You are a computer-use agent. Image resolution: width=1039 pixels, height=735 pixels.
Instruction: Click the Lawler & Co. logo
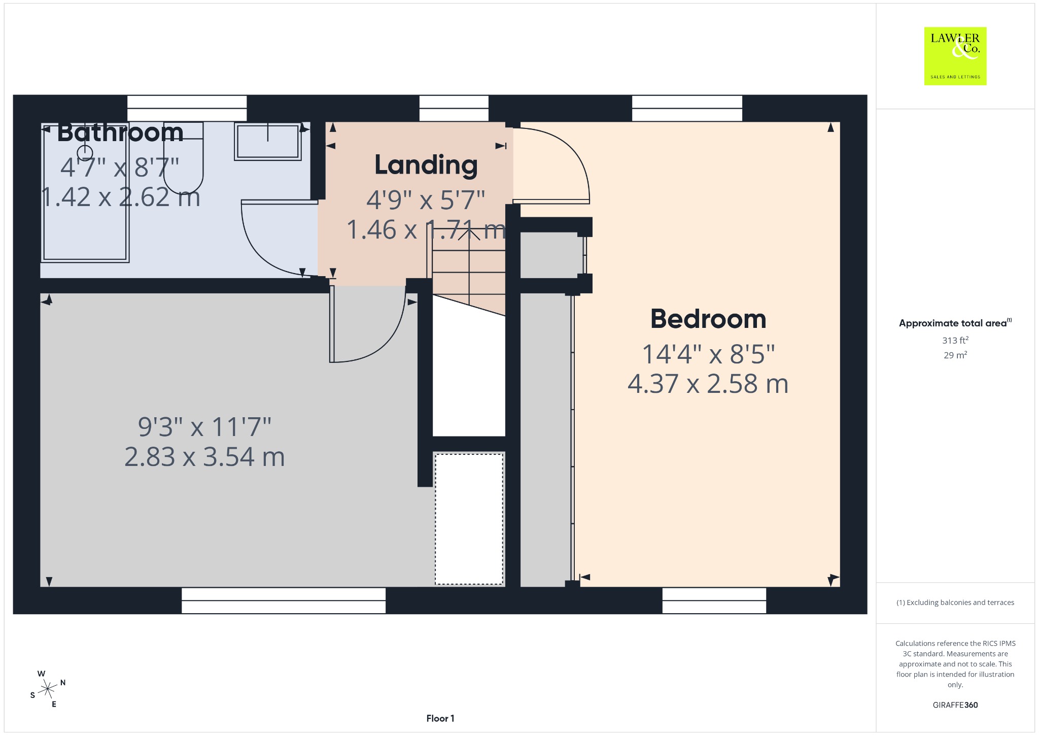pyautogui.click(x=955, y=56)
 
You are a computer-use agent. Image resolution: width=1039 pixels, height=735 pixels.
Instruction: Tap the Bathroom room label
pyautogui.click(x=120, y=132)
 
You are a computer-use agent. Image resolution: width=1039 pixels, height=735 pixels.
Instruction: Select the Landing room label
pyautogui.click(x=426, y=165)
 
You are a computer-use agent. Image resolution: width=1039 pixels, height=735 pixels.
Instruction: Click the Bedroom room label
pyautogui.click(x=708, y=319)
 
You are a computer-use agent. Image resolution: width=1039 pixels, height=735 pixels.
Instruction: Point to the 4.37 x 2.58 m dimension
pyautogui.click(x=708, y=384)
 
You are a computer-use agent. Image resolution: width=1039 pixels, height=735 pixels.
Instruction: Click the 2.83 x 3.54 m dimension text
pyautogui.click(x=204, y=457)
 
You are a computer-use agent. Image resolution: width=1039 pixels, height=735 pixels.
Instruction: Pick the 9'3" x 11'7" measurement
pyautogui.click(x=204, y=427)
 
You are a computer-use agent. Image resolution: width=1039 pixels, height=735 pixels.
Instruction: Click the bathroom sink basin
pyautogui.click(x=268, y=141)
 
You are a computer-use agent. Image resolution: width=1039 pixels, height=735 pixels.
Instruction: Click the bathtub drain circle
pyautogui.click(x=85, y=152)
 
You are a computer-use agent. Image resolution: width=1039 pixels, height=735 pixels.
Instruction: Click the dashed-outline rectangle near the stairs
pyautogui.click(x=469, y=519)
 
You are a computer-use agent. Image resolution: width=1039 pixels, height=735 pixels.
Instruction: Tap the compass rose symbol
pyautogui.click(x=48, y=689)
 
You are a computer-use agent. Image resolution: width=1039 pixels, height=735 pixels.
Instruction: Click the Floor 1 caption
pyautogui.click(x=440, y=718)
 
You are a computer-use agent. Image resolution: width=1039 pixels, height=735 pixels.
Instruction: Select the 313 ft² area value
pyautogui.click(x=955, y=340)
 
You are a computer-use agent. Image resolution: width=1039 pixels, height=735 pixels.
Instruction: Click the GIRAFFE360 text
pyautogui.click(x=955, y=705)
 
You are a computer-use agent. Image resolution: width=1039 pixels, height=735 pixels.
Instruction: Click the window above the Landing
pyautogui.click(x=454, y=108)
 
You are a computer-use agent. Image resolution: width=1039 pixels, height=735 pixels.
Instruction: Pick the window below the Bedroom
pyautogui.click(x=714, y=600)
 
